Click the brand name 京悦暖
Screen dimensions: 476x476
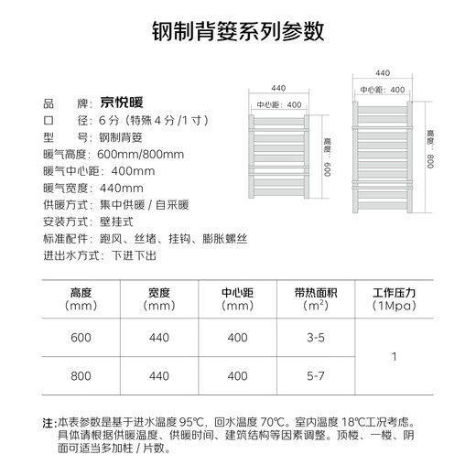pyautogui.click(x=124, y=102)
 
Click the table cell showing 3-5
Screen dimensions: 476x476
pyautogui.click(x=316, y=338)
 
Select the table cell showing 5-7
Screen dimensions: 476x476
pyautogui.click(x=316, y=375)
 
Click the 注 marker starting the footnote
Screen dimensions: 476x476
pyautogui.click(x=49, y=424)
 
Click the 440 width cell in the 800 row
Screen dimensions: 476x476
pyautogui.click(x=158, y=375)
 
